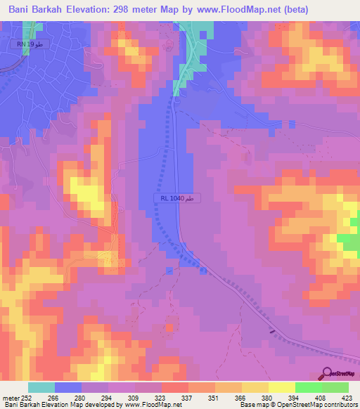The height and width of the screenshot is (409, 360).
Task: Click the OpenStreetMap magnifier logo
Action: coord(328,373)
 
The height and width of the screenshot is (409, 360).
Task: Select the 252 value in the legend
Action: coord(27,397)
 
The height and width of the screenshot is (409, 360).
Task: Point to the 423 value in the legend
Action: coord(346,397)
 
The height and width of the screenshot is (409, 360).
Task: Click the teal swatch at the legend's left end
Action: coord(41,387)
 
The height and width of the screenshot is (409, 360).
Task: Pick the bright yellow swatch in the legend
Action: coord(281,387)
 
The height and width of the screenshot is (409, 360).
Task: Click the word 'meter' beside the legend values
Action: coord(10,397)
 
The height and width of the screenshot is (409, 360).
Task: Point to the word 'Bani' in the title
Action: coord(21,10)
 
